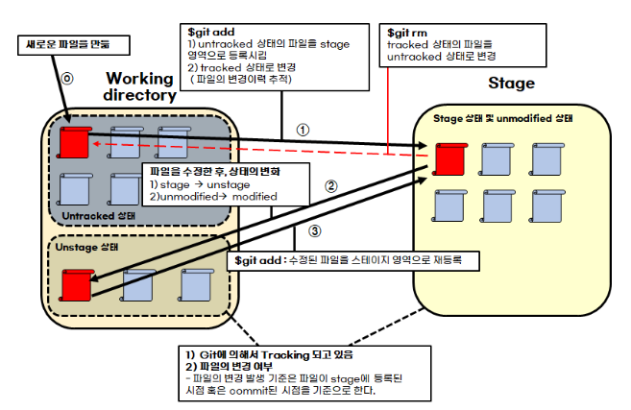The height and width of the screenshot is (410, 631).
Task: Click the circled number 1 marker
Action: (302, 128)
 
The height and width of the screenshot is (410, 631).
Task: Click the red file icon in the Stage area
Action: (446, 157)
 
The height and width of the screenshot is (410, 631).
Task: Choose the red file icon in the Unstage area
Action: (74, 284)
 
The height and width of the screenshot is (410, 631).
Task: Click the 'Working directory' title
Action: (140, 86)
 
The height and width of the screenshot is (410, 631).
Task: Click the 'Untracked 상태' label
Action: (98, 215)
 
